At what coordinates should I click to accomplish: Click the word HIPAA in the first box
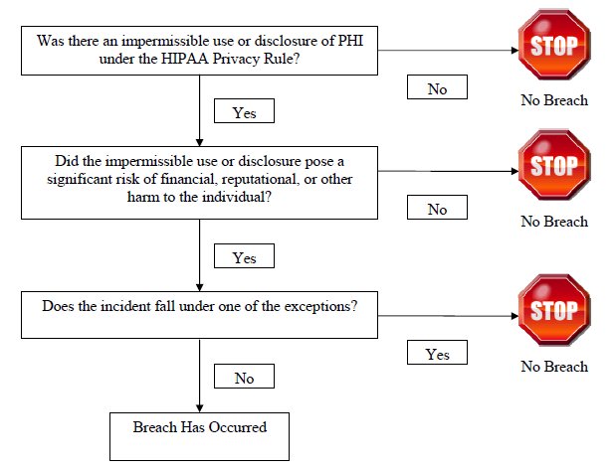pos(185,59)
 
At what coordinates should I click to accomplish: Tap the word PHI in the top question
pos(350,41)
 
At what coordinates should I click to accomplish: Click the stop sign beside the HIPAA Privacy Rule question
pos(554,45)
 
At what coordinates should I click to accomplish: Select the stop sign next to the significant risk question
pos(554,165)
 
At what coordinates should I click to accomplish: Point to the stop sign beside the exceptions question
pos(554,310)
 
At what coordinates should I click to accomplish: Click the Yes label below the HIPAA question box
pos(244,111)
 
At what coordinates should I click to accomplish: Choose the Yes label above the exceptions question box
pos(244,256)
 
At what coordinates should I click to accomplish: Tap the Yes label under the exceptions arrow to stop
pos(437,353)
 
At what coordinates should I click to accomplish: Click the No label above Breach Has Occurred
pos(244,377)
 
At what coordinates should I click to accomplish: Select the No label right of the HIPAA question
pos(437,87)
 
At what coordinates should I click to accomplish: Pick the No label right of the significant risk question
pos(437,207)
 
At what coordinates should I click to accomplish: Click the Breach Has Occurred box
pos(200,436)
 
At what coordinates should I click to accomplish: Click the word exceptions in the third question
pos(320,306)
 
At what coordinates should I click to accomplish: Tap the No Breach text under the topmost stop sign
pos(554,100)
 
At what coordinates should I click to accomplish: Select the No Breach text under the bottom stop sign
pos(554,367)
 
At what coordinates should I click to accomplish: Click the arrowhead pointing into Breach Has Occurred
pos(200,408)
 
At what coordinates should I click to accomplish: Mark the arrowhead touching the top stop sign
pos(514,51)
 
